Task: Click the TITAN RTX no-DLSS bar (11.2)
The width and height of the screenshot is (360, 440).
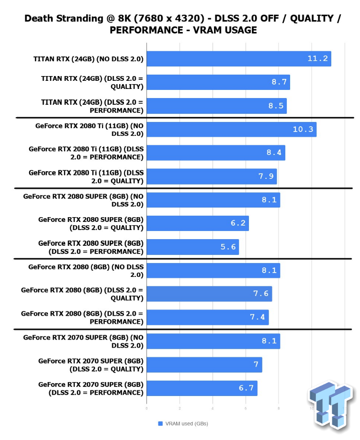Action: (x=238, y=59)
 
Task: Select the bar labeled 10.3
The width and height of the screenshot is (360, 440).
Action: (x=231, y=129)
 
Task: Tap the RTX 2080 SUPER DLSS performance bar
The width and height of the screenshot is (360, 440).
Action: (x=192, y=247)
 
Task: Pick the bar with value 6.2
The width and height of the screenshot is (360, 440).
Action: (x=197, y=223)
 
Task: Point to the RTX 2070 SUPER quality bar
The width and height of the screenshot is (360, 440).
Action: (x=204, y=365)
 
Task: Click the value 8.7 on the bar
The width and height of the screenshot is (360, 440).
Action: (x=279, y=82)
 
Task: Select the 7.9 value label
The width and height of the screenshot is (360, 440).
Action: (x=266, y=176)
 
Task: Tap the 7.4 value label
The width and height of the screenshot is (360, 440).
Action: (x=258, y=317)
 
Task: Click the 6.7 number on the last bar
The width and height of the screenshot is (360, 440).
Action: (x=246, y=388)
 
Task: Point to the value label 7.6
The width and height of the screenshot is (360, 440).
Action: (x=261, y=294)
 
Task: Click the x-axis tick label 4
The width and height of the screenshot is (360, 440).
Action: (x=213, y=408)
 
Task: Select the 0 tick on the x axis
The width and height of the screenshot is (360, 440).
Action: (x=146, y=408)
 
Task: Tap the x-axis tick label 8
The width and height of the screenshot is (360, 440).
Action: (x=279, y=408)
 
